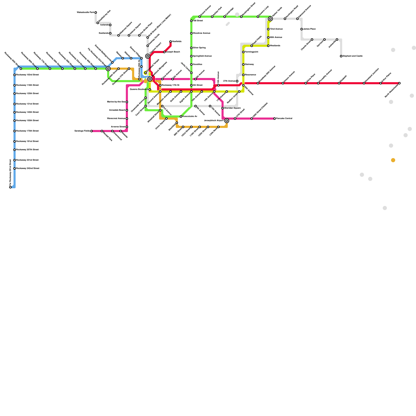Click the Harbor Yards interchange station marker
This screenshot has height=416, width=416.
click(270, 19)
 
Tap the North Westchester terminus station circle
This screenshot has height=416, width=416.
click(399, 83)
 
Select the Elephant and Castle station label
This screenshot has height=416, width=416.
click(353, 56)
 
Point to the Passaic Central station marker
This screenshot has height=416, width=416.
click(275, 119)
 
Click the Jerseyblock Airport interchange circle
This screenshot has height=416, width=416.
click(227, 121)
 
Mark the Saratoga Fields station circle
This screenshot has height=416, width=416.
click(92, 131)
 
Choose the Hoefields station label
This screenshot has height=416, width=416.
click(177, 42)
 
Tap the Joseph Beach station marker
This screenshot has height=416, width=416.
click(164, 52)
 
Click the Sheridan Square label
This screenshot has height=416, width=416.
click(232, 108)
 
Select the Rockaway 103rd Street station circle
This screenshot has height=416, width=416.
click(15, 75)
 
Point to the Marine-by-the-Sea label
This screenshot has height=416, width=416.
click(116, 102)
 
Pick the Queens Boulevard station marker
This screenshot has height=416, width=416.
click(150, 89)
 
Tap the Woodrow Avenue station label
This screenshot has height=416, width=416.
click(201, 33)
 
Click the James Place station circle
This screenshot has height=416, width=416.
click(302, 29)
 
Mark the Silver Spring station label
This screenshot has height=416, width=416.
click(199, 48)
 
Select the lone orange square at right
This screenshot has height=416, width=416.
click(393, 160)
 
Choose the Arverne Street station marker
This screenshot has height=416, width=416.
click(127, 127)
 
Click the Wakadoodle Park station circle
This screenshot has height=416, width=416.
click(96, 12)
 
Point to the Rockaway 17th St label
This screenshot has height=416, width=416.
click(171, 85)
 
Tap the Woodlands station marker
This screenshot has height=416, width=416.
click(268, 46)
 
